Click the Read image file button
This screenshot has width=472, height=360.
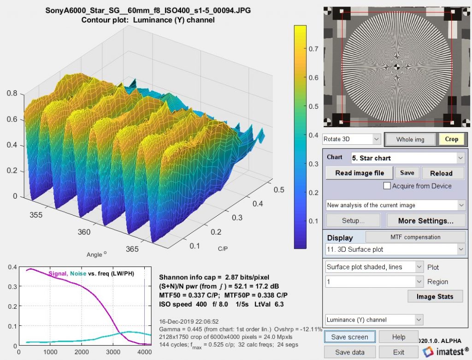359,173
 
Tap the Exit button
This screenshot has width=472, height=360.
399,352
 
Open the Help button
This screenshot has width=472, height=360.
399,337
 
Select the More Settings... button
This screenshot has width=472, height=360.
425,220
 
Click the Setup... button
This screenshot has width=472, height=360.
353,220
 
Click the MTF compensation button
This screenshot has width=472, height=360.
415,237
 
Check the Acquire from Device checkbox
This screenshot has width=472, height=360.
388,186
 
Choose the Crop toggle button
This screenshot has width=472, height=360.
451,139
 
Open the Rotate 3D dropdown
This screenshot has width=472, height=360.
352,139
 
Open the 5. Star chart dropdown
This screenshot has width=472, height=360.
408,158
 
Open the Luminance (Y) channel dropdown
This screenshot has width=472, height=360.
373,319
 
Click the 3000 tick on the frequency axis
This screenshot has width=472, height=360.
113,353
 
